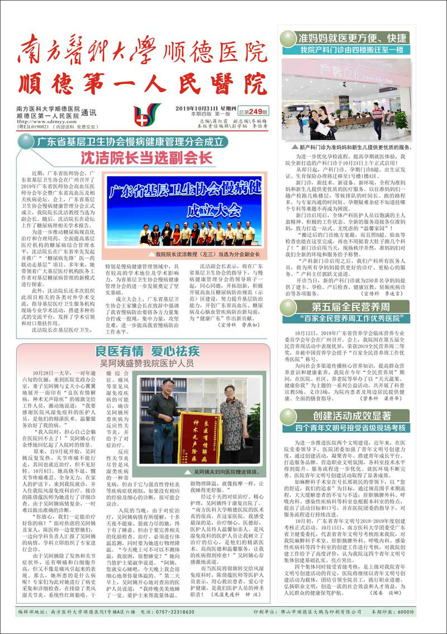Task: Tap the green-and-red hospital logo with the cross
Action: point(147,115)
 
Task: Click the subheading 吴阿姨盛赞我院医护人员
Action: point(147,363)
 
